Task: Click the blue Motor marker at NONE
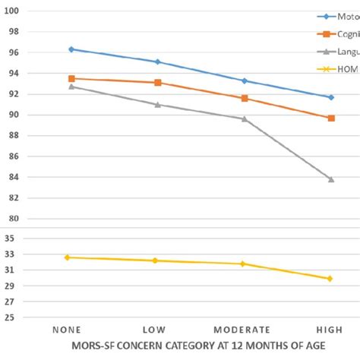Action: coord(71,49)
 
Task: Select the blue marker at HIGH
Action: coord(330,97)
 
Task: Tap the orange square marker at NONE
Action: coord(71,78)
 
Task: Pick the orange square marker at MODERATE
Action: coord(244,98)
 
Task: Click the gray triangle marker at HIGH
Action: coord(330,178)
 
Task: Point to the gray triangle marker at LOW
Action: coord(157,104)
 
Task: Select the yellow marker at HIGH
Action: coord(330,279)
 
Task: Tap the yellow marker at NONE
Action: coord(67,257)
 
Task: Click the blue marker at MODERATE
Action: coord(244,81)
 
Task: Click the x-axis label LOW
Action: coord(156,330)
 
